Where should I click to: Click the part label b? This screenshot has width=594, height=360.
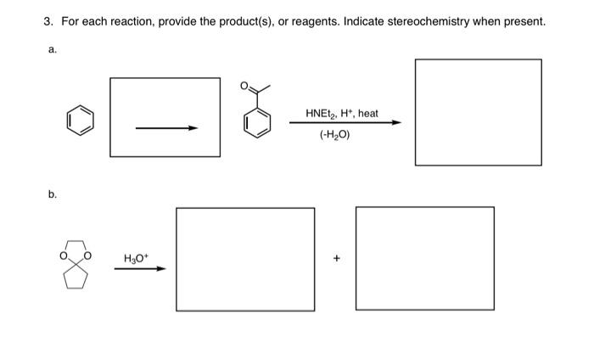point(52,194)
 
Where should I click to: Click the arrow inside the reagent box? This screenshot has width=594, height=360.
point(166,128)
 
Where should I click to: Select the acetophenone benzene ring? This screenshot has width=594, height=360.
point(258,124)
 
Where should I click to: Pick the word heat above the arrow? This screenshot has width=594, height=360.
point(367,113)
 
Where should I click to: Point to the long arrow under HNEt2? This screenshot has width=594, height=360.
point(345,123)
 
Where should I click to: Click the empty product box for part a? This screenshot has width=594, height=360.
point(478,112)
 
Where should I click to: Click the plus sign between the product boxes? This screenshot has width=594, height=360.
point(336,257)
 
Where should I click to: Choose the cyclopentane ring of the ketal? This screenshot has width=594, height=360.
point(76,276)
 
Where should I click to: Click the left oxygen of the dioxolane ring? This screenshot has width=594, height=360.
point(63,254)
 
